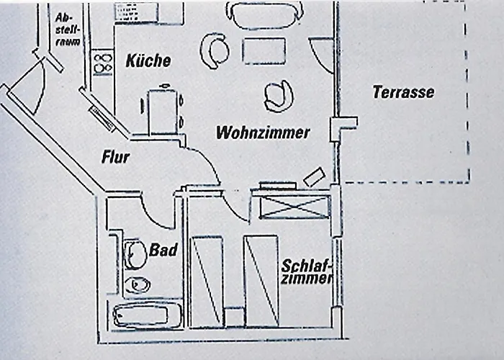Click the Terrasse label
tap(403, 92)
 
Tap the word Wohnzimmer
tap(263, 132)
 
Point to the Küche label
tap(148, 60)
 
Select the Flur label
tap(115, 156)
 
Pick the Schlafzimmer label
tap(307, 271)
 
